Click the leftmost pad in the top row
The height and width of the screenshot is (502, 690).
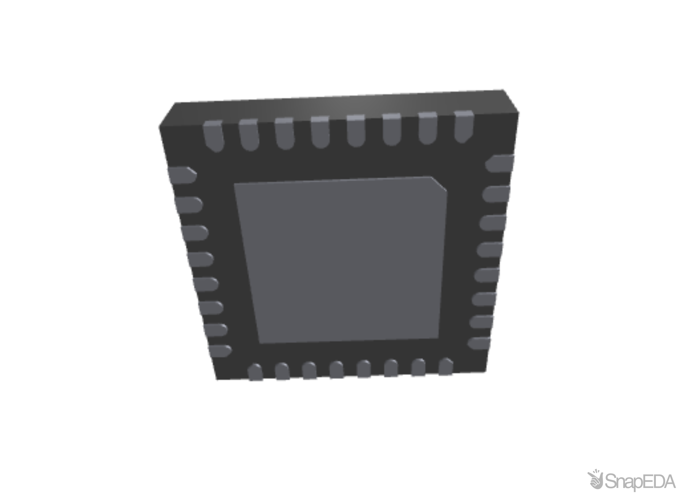(x=213, y=136)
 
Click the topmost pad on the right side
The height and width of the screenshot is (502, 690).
(x=500, y=163)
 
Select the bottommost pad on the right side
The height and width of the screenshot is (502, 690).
(x=479, y=342)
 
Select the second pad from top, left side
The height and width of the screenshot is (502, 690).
(x=188, y=205)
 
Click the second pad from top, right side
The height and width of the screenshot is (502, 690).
(x=496, y=194)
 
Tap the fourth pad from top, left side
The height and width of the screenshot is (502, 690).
(x=200, y=259)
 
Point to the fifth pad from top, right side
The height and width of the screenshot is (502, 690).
(x=487, y=275)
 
